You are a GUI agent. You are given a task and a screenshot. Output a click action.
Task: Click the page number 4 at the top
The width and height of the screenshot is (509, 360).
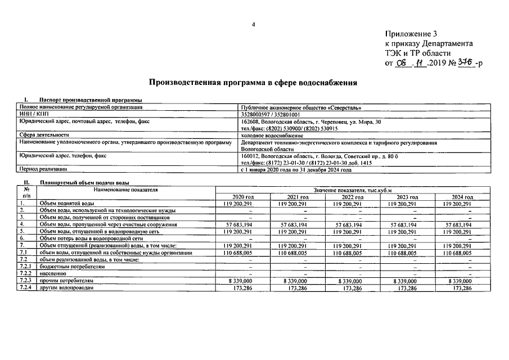click(254, 24)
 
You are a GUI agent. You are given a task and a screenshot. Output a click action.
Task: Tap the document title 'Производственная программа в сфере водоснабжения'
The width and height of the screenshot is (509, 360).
click(253, 83)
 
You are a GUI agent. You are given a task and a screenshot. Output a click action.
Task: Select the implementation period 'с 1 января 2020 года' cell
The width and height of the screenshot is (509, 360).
click(296, 169)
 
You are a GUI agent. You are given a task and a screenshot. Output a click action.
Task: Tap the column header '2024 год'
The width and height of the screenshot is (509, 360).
click(462, 197)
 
